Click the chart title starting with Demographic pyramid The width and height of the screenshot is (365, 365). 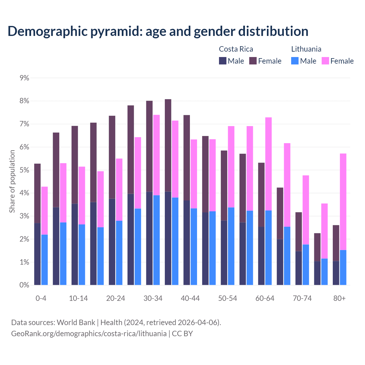[158, 31]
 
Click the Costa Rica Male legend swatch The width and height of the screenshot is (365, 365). [223, 61]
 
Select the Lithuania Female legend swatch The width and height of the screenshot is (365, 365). [325, 61]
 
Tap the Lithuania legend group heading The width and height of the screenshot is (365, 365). [306, 49]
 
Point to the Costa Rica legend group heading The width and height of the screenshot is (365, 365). [236, 49]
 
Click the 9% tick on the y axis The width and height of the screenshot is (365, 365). [25, 78]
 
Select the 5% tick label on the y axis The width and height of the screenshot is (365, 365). [25, 170]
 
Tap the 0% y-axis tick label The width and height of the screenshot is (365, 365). [25, 285]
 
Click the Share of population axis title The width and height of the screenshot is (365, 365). [12, 181]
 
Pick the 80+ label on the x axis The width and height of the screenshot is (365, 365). [339, 299]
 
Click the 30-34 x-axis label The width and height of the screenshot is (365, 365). [153, 299]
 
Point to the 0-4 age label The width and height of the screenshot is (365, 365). [41, 299]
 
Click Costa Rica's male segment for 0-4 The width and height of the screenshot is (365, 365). [37, 254]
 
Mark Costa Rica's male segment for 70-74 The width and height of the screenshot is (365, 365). [299, 268]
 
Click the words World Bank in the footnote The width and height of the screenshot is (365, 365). [76, 323]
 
